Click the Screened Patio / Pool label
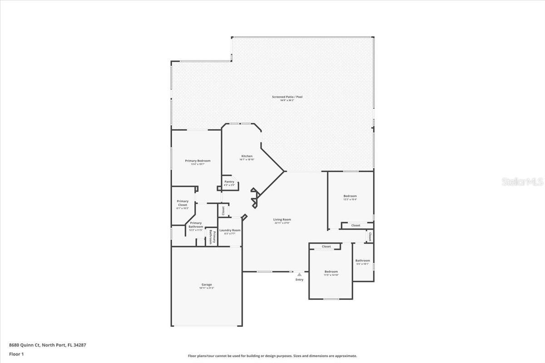(x=287, y=97)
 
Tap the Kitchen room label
(x=247, y=156)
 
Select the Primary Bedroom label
(x=198, y=161)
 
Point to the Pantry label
(x=229, y=181)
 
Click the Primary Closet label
(x=183, y=203)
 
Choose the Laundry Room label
(x=230, y=231)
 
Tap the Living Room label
(x=282, y=220)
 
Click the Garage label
(x=207, y=285)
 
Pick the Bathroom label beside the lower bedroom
(x=362, y=260)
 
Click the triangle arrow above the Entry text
(x=299, y=275)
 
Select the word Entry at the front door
(x=299, y=280)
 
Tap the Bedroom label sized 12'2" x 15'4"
(x=350, y=196)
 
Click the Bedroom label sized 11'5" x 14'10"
(x=331, y=271)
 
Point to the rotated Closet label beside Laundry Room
(x=223, y=211)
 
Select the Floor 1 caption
(x=16, y=354)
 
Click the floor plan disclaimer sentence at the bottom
(x=272, y=356)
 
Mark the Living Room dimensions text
(x=282, y=223)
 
